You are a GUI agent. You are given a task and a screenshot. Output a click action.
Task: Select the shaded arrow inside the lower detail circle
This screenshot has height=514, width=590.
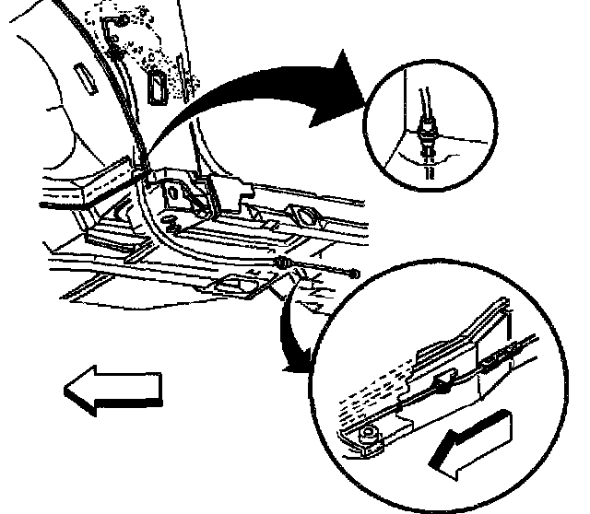coord(476,441)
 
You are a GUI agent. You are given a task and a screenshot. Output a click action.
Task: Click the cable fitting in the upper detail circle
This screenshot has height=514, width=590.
coord(428,130)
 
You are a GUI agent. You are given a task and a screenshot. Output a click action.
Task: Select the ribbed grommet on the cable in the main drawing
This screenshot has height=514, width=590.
coord(285,266)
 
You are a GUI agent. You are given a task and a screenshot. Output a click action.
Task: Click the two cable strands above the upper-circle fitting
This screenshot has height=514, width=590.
coord(423,98)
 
